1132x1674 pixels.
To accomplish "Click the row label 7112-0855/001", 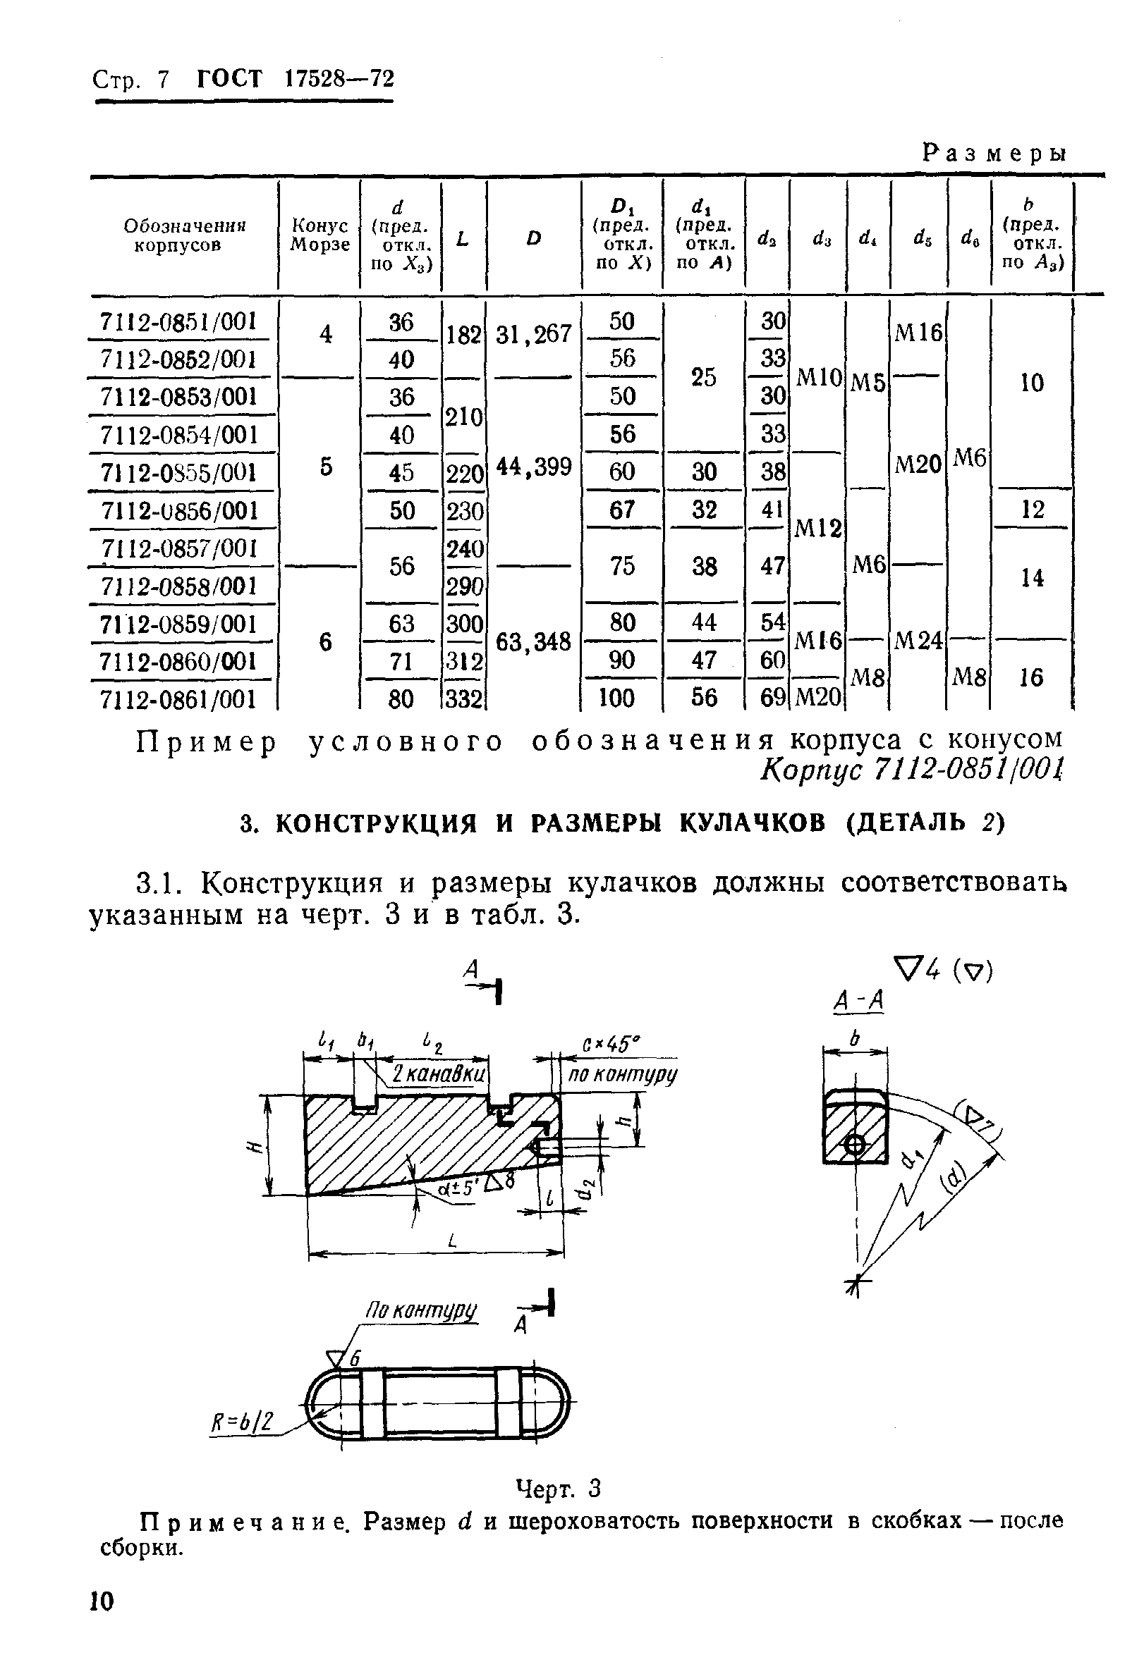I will coord(178,472).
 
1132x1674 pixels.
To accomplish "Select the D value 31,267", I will coord(533,334).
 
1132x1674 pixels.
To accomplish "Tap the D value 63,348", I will coord(533,641).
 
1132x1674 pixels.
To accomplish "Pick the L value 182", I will coord(463,335).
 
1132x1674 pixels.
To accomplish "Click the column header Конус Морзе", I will coord(319,235).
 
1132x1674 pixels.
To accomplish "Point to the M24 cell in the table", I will coord(918,639).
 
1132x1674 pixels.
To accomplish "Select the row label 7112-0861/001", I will coord(178,698).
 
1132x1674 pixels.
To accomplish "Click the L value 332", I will coord(463,698).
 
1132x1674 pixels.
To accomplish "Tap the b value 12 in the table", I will coord(1032,510).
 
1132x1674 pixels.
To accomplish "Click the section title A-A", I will coord(858,1000).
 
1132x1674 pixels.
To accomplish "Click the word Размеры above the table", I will coord(994,152).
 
